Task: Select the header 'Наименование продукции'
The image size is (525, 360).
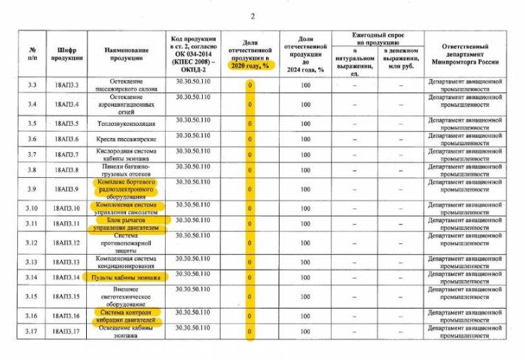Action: tap(126, 53)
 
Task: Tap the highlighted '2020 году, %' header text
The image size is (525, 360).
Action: tap(249, 65)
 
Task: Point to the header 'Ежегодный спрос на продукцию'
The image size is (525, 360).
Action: tap(377, 38)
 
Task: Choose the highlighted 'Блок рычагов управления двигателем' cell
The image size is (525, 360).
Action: tap(126, 224)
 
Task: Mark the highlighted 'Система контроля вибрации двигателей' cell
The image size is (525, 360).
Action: tap(126, 316)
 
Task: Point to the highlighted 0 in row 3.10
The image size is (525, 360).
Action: tap(250, 208)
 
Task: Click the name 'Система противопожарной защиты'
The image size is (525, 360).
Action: tap(126, 243)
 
